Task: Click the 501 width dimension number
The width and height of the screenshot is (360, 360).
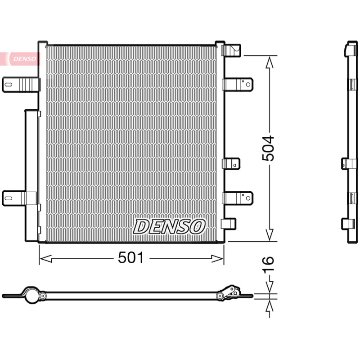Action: tap(130, 257)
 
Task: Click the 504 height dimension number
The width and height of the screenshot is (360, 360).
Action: tap(268, 148)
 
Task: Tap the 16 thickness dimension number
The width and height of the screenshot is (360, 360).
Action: tap(268, 265)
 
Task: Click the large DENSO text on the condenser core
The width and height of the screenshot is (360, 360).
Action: tap(170, 227)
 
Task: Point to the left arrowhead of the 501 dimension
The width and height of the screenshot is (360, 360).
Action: tap(45, 258)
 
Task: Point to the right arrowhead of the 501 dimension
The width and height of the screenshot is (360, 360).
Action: tap(217, 258)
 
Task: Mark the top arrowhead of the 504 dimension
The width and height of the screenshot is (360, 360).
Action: tap(270, 63)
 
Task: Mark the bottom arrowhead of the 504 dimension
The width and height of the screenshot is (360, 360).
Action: tap(270, 234)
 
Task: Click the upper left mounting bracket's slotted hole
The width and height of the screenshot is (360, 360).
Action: tap(8, 85)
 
